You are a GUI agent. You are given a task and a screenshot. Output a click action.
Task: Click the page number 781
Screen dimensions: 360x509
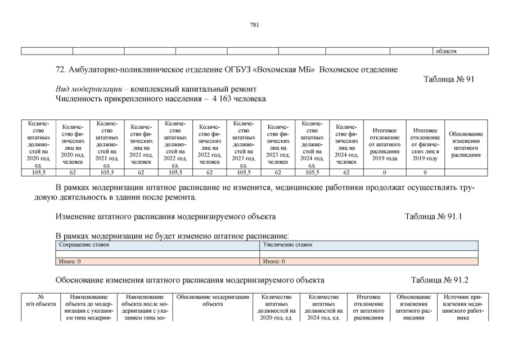(254, 24)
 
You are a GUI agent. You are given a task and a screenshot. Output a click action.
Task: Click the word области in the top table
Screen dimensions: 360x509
(446, 51)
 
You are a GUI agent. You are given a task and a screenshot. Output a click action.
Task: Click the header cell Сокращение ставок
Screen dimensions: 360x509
(84, 245)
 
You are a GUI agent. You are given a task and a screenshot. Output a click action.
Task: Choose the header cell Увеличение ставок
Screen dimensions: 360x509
(288, 245)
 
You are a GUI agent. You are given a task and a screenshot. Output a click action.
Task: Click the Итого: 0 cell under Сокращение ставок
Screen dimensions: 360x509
(70, 262)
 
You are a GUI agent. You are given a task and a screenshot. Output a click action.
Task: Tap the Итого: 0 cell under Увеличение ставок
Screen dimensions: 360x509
(274, 262)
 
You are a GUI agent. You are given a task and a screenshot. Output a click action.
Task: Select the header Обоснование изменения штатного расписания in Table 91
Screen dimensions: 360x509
(466, 144)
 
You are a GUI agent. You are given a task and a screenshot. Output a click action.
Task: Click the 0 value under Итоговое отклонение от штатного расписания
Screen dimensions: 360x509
(385, 173)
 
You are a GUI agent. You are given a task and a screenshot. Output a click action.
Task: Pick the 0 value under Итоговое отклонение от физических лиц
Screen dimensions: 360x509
(425, 173)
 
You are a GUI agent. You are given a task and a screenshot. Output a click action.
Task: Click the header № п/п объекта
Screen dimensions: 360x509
(40, 300)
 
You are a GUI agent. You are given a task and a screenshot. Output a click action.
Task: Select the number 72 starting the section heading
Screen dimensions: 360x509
(60, 70)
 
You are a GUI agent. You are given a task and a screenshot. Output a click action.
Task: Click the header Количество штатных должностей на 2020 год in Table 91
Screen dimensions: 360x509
(38, 144)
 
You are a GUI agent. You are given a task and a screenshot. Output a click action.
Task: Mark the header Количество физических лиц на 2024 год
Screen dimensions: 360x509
(346, 144)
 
